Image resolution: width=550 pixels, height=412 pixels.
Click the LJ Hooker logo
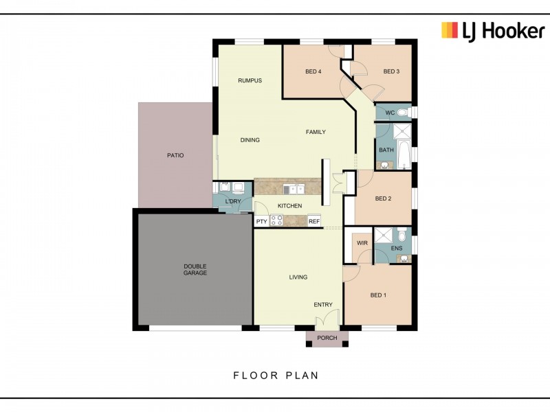[493, 31]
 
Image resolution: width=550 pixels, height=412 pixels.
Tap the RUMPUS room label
[250, 80]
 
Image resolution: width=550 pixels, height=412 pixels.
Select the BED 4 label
[313, 71]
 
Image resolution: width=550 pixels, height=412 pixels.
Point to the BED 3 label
[391, 71]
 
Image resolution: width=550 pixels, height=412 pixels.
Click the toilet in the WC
[405, 113]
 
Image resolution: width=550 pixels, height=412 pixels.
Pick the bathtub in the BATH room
[404, 154]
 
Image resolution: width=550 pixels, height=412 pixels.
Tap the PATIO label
[175, 155]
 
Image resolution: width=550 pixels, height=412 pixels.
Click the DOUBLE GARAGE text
[195, 269]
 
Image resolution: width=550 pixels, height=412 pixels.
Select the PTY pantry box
[262, 221]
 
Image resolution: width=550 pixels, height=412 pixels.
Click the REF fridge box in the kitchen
[314, 221]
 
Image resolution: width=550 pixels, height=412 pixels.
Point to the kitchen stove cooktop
[276, 220]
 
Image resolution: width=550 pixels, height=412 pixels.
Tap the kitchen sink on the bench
[294, 190]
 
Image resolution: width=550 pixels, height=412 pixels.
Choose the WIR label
[362, 243]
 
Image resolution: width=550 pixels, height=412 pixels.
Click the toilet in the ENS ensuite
[402, 234]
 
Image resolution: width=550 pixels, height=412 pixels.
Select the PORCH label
[327, 338]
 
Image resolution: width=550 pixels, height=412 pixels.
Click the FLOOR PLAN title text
[276, 376]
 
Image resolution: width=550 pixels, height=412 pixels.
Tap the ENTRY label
[323, 305]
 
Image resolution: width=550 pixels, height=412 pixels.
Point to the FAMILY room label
[316, 132]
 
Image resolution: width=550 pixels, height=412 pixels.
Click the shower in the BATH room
[402, 131]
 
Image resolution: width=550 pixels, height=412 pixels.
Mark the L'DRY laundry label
[233, 201]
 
